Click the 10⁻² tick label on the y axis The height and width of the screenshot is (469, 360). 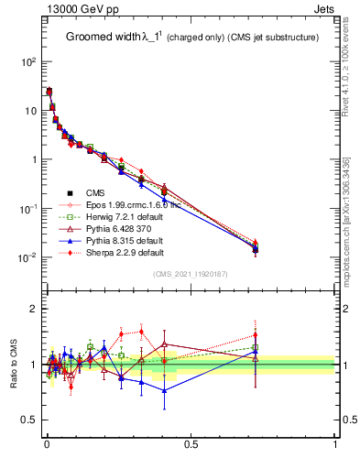coord(26,257)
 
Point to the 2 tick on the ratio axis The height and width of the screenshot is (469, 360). coord(32,309)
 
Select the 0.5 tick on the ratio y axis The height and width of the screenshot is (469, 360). coord(27,420)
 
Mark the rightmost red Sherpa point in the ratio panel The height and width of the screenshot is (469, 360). coord(256,335)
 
